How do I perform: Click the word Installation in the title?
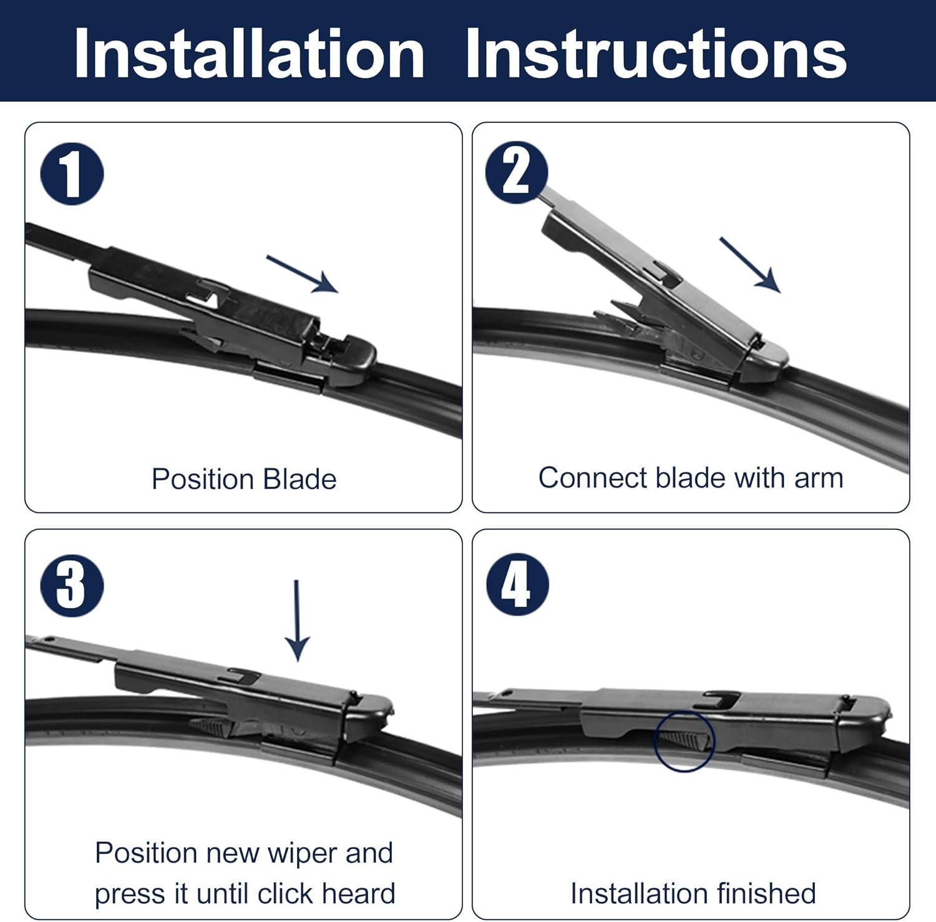tap(248, 54)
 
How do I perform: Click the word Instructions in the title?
tap(655, 54)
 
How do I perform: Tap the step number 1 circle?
tap(72, 174)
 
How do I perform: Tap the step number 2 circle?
tap(516, 172)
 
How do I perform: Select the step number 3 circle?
tap(72, 586)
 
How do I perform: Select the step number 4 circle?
tap(517, 585)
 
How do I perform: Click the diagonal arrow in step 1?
tap(303, 274)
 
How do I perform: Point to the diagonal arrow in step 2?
tap(750, 265)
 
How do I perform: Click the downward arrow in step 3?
tap(297, 620)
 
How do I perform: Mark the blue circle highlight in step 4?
tap(684, 741)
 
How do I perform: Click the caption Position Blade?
tap(244, 479)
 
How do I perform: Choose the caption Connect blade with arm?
tap(691, 478)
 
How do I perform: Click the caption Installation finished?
tap(693, 893)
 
